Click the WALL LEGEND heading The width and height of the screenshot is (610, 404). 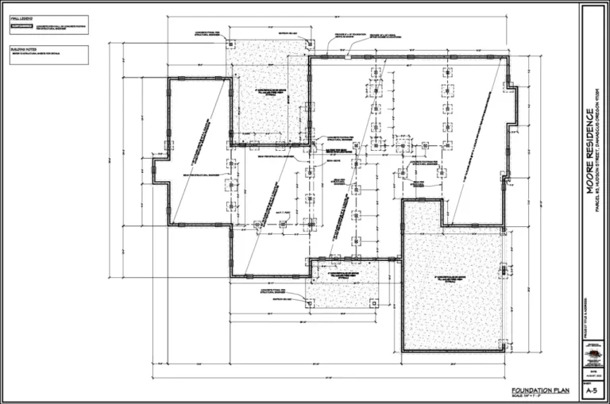click(21, 17)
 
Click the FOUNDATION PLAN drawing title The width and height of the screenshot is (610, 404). click(540, 390)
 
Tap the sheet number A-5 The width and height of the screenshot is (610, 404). click(591, 391)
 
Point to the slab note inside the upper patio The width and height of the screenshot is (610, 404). click(267, 93)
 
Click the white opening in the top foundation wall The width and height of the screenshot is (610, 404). click(347, 56)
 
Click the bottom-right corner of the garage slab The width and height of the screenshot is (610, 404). click(507, 350)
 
